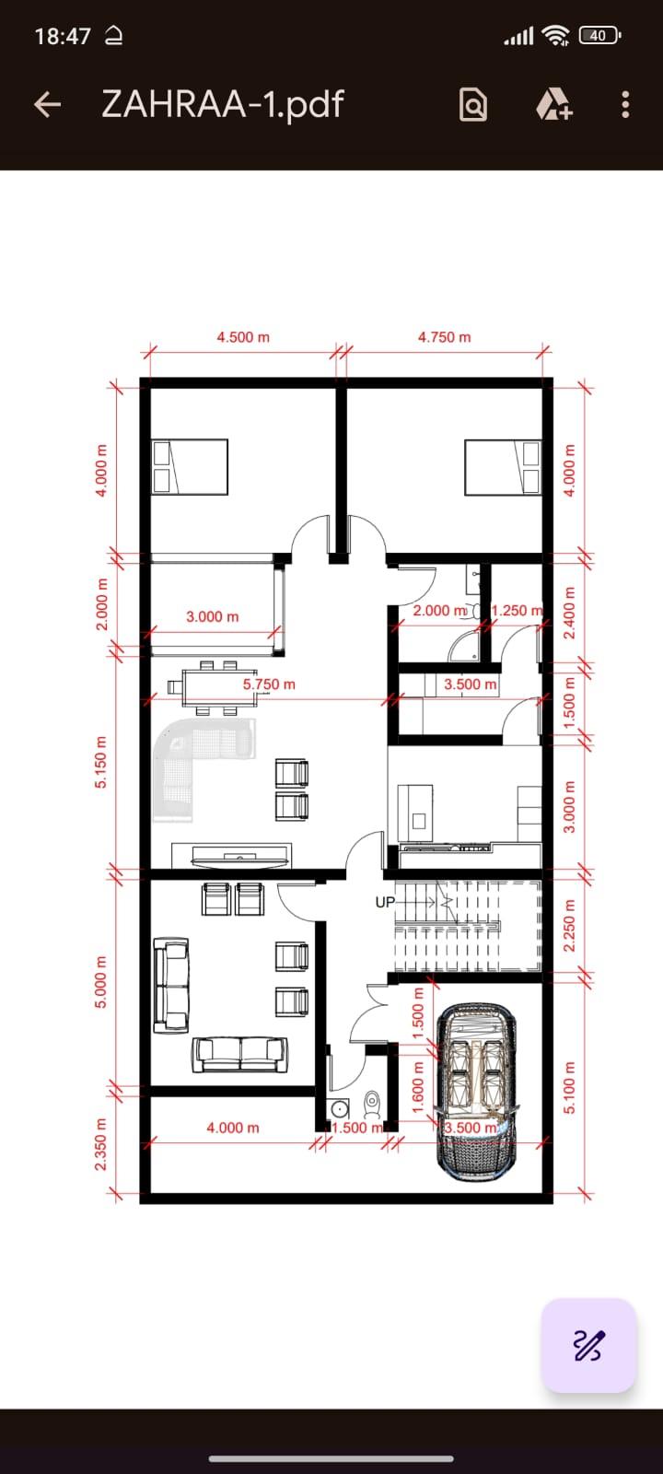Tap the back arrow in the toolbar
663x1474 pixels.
47,104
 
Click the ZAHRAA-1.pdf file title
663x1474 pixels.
222,104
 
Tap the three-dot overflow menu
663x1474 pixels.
625,104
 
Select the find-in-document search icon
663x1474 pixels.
473,104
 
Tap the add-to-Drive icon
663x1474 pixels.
554,104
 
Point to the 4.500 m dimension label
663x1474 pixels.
243,337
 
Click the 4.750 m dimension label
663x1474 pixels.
445,337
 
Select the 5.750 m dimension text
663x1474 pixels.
269,684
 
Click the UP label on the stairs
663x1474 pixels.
385,902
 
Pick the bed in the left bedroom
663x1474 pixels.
190,466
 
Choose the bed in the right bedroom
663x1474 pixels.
503,467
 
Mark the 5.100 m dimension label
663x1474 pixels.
570,1087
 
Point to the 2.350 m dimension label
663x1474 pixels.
100,1144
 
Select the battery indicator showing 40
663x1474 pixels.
599,36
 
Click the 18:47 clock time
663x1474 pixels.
63,36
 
